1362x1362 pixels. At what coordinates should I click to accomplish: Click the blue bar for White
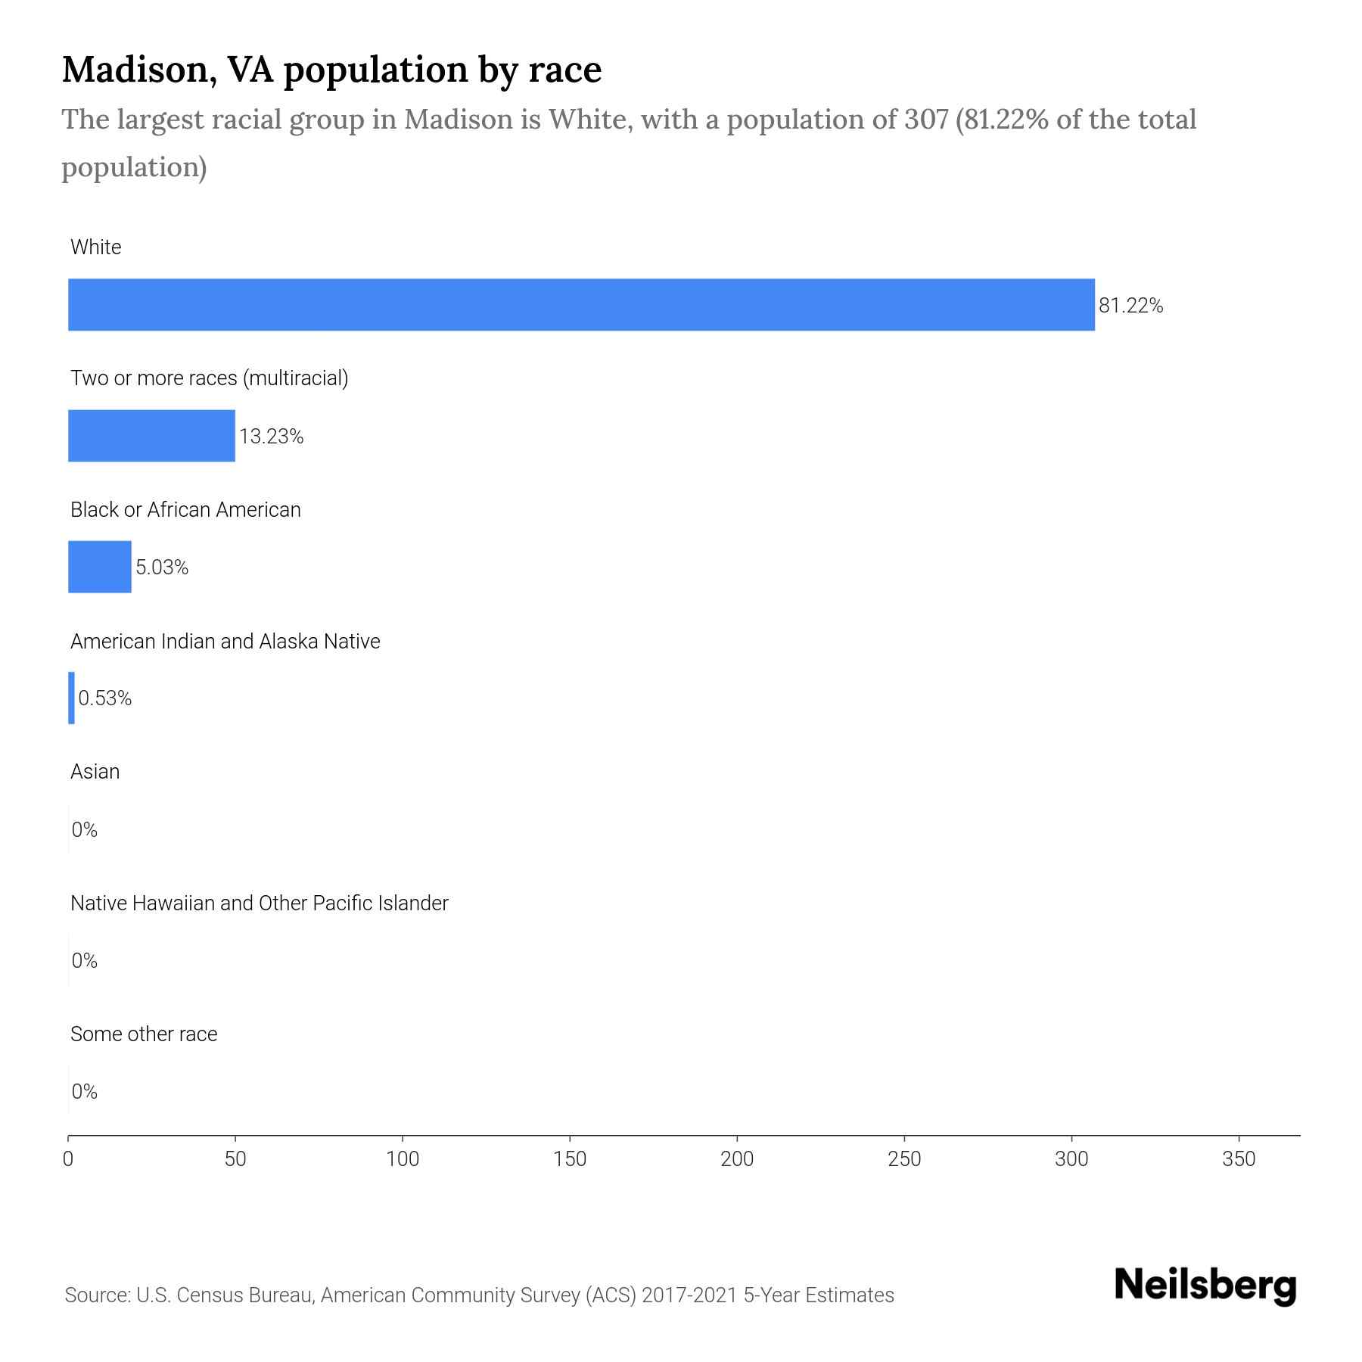pos(581,305)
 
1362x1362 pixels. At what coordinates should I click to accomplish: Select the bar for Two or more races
pos(151,436)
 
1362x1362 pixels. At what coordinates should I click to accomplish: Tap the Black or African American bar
pos(100,567)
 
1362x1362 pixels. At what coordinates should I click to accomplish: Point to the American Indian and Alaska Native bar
pos(72,698)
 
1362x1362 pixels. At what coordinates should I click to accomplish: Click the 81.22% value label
pos(1130,306)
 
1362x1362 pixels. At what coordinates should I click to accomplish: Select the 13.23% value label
pos(271,437)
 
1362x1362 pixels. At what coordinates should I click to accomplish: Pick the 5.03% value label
pos(161,567)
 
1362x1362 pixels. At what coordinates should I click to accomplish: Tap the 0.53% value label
pos(104,698)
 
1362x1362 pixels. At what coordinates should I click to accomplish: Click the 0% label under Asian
pos(84,830)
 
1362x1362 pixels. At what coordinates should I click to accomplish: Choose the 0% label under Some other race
pos(84,1091)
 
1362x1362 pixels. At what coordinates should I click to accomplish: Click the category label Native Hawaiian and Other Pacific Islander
pos(259,903)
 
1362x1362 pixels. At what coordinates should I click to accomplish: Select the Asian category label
pos(95,772)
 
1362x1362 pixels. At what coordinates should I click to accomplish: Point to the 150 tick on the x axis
pos(570,1158)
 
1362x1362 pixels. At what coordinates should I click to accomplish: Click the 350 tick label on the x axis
pos(1239,1158)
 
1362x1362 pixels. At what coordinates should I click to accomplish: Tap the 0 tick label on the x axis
pos(68,1158)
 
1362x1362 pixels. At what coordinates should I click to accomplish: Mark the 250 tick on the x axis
pos(904,1158)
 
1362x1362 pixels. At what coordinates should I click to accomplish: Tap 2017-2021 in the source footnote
pos(689,1295)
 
